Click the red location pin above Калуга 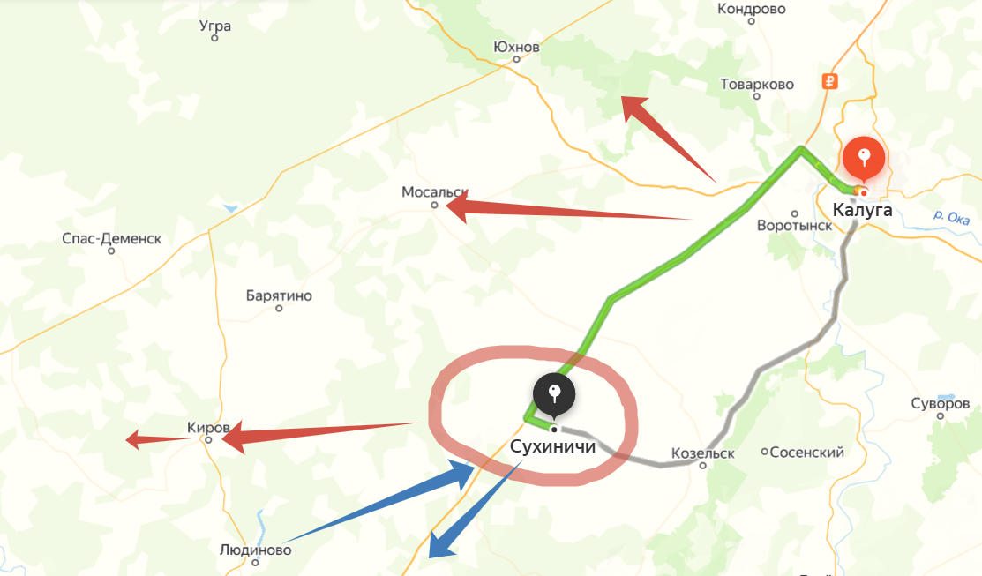[865, 159]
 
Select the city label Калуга [862, 210]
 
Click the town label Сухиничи [553, 447]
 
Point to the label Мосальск [433, 191]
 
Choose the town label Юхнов [516, 47]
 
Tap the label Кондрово [752, 9]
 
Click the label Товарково [757, 85]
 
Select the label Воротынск [794, 225]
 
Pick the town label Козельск [702, 453]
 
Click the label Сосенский [807, 453]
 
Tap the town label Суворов [940, 404]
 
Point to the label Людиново [255, 550]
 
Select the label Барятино [279, 296]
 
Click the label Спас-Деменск [112, 238]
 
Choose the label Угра [215, 26]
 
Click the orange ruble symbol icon [828, 82]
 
